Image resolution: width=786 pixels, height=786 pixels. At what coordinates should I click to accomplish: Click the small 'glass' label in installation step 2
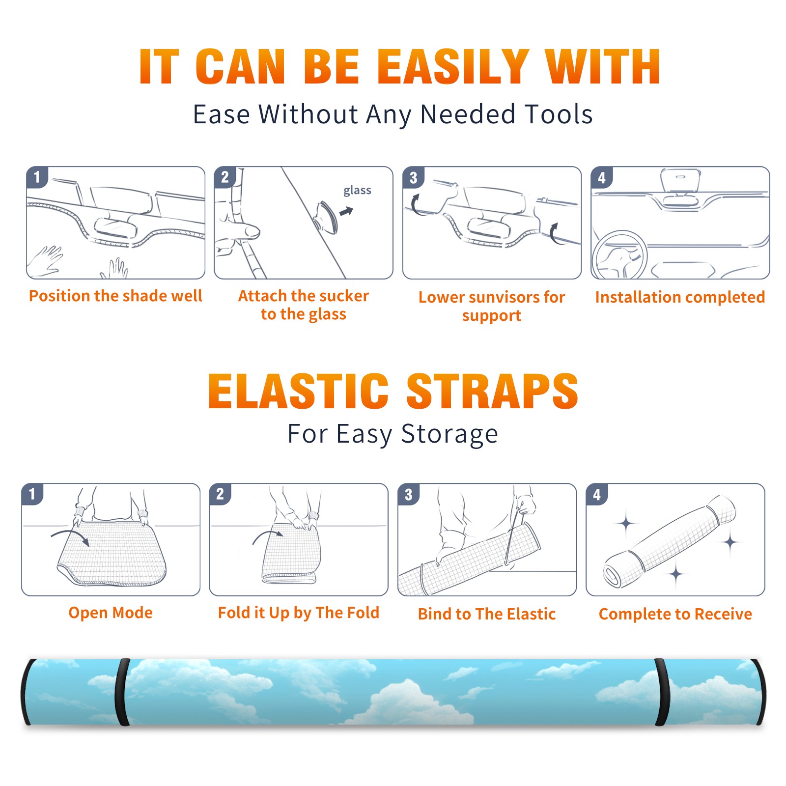(357, 190)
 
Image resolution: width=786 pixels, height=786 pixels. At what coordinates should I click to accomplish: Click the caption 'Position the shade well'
(115, 296)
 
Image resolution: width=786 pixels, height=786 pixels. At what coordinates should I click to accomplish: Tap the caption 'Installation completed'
(680, 297)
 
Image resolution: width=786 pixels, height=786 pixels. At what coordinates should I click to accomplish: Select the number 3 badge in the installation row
(413, 177)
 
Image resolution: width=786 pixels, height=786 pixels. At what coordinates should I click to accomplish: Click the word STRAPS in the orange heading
(492, 391)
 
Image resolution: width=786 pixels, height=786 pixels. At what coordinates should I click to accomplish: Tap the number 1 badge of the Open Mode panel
(32, 494)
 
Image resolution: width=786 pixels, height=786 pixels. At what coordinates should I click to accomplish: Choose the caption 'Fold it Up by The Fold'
(299, 613)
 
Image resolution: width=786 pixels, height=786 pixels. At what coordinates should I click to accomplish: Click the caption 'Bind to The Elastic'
(487, 614)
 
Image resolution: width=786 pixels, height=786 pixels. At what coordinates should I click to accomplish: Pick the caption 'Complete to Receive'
(675, 614)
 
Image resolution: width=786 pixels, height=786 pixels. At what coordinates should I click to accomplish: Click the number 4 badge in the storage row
(597, 494)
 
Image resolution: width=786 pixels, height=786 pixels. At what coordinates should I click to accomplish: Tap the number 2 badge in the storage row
(220, 494)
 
